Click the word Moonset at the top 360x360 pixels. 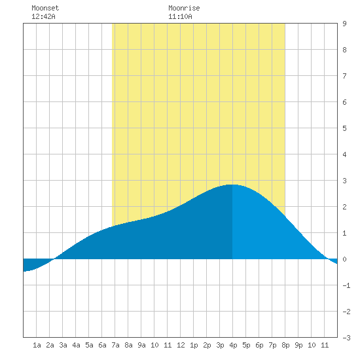click(45, 8)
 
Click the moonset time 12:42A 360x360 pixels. click(43, 16)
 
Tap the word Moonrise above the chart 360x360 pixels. click(184, 8)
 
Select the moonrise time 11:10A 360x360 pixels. click(180, 16)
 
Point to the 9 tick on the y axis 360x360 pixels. click(344, 24)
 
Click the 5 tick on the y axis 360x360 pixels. click(344, 128)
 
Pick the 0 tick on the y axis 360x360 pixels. click(344, 259)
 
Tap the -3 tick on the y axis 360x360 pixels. click(346, 338)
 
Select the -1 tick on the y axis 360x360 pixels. click(346, 285)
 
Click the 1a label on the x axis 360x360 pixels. click(37, 345)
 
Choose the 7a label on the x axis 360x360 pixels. click(115, 345)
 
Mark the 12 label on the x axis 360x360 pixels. click(181, 345)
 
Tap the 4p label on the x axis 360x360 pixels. click(233, 345)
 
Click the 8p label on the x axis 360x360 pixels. click(285, 345)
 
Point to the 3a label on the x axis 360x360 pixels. click(63, 345)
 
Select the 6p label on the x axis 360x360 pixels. click(259, 345)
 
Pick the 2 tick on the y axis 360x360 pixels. click(344, 207)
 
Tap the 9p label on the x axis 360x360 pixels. click(298, 345)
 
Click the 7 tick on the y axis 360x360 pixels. click(344, 76)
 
